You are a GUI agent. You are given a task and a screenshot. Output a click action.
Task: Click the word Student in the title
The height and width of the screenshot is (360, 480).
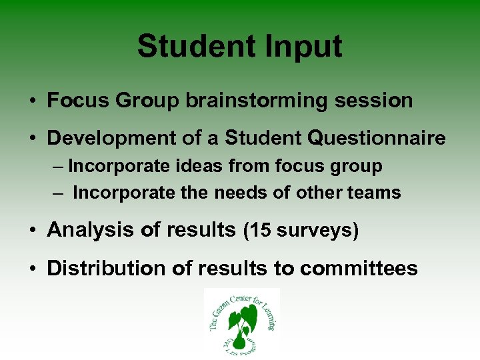pos(195,47)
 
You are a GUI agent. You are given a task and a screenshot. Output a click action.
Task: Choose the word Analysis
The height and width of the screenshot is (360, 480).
pos(86,230)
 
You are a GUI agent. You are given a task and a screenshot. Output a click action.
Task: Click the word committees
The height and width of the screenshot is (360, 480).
pos(359,268)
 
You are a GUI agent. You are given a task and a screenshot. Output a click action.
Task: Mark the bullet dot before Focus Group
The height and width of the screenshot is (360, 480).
pos(32,101)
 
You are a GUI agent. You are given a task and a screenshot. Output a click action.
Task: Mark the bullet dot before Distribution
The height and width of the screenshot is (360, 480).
pos(32,269)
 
